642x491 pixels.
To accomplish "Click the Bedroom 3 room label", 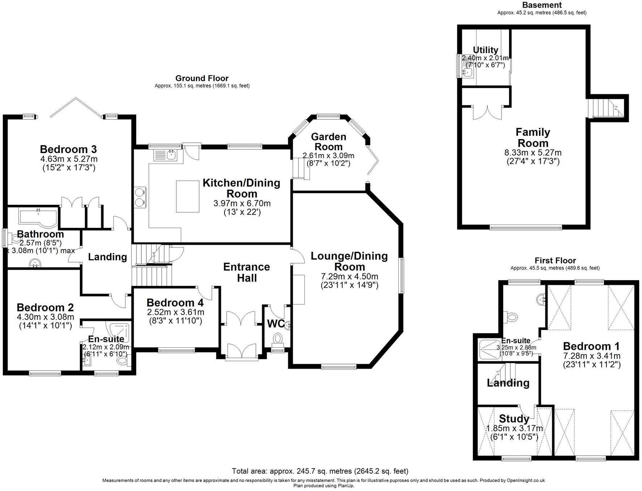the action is click(68, 149).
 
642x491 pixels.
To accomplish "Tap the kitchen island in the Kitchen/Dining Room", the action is click(188, 196).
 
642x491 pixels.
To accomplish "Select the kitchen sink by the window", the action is click(166, 155).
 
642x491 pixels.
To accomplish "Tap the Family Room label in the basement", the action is click(533, 138).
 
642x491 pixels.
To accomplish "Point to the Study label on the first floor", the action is click(514, 419).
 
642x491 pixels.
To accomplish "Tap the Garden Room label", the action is click(329, 142).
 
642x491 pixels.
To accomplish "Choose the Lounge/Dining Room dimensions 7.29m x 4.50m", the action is click(350, 277).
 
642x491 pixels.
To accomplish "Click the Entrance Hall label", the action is click(247, 273).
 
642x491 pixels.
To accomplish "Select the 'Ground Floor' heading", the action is click(202, 78).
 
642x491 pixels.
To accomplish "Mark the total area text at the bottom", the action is click(320, 471).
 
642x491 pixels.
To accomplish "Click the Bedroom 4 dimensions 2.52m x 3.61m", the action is click(175, 312).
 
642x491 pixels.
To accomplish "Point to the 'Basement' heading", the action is click(542, 5).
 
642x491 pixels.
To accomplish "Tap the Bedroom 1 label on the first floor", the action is click(591, 346).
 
